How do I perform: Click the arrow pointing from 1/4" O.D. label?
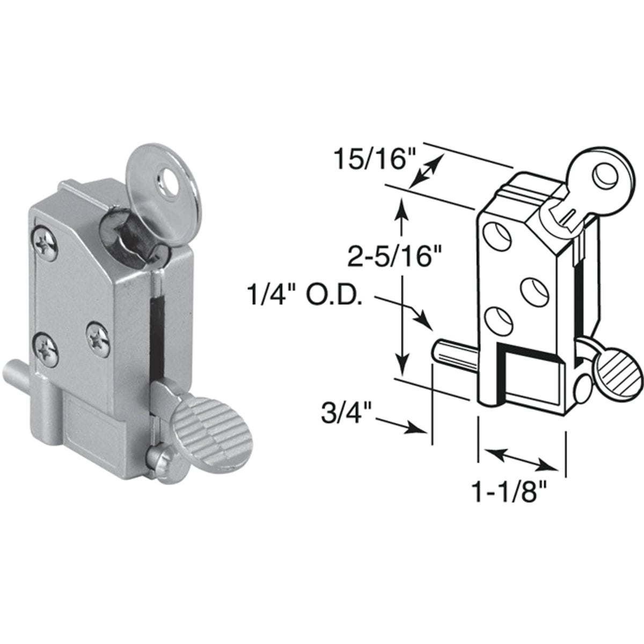pos(413,314)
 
